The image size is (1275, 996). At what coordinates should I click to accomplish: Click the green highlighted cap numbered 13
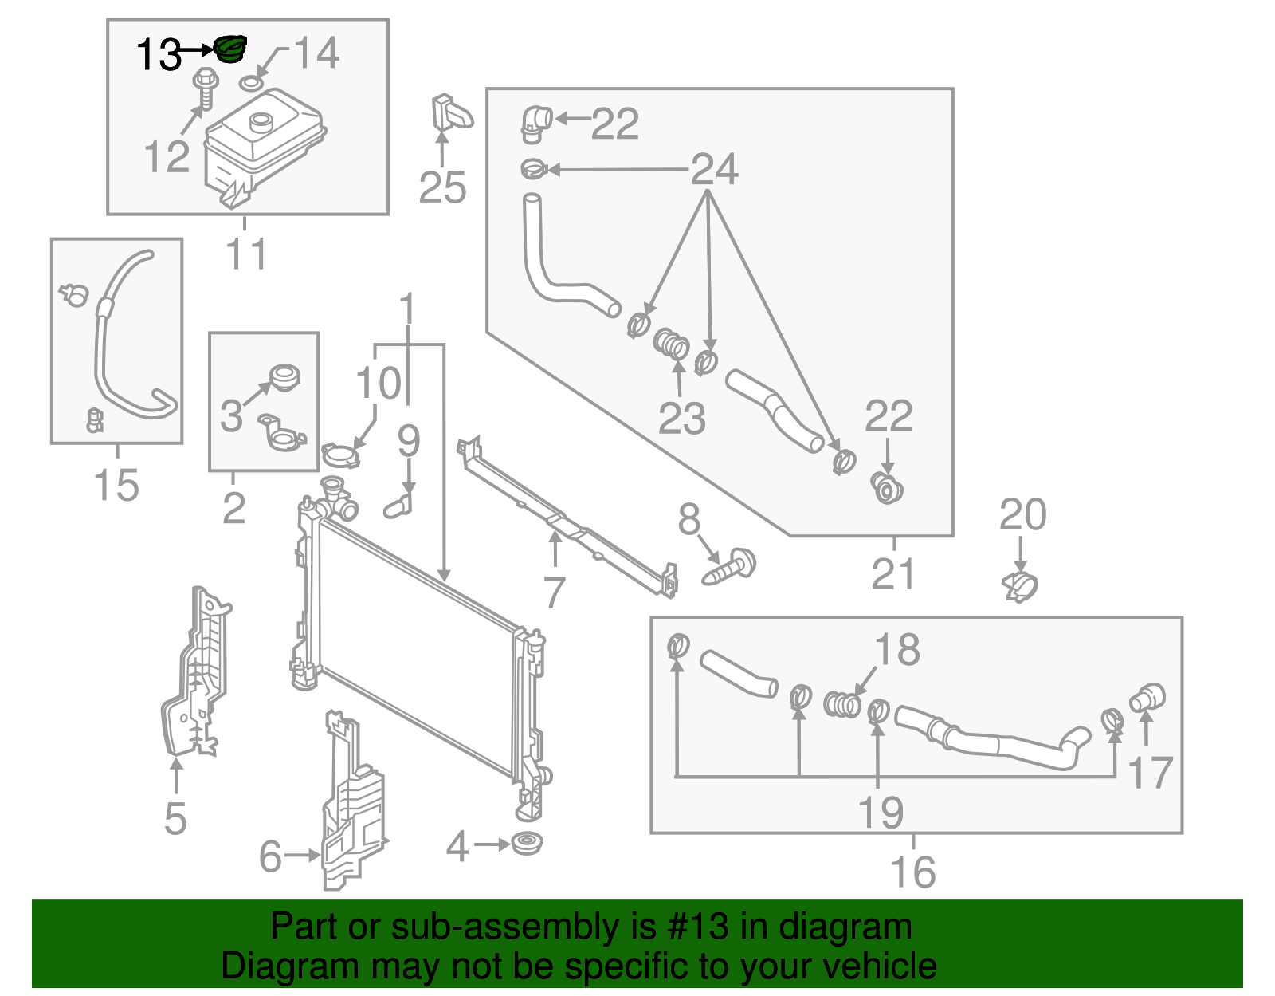(231, 49)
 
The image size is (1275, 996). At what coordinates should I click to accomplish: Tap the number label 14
(317, 53)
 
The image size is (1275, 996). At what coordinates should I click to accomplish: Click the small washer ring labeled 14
(251, 83)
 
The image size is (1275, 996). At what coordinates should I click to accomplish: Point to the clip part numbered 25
(449, 113)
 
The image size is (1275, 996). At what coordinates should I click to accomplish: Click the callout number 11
(246, 254)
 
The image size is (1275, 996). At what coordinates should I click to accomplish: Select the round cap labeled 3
(284, 376)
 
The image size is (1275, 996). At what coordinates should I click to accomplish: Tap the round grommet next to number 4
(526, 843)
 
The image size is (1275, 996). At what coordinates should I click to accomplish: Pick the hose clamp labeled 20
(1019, 587)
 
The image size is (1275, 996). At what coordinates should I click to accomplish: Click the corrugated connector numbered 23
(672, 345)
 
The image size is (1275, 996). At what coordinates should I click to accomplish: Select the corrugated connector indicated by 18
(841, 704)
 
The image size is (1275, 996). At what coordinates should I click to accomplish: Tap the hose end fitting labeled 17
(1147, 698)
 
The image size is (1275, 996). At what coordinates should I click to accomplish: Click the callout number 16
(913, 872)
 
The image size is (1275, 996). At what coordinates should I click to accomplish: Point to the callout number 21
(893, 573)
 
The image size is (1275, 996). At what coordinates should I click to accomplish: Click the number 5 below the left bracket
(175, 819)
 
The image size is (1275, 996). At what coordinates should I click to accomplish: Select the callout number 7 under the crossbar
(554, 592)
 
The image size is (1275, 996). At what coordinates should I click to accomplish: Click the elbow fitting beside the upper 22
(536, 124)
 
